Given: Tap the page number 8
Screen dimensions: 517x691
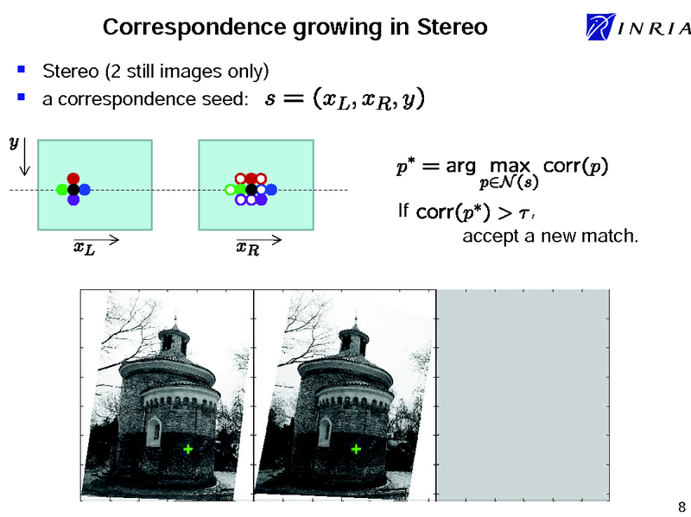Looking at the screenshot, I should tap(682, 507).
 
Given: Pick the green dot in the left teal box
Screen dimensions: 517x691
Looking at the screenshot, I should tap(62, 189).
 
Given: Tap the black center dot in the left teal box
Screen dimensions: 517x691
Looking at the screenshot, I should tap(73, 189).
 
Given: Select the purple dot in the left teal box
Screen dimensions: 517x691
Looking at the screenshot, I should tap(73, 199).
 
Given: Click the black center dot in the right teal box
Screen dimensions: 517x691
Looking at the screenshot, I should tap(250, 189).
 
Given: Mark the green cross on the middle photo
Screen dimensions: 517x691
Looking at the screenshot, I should tap(356, 449).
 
